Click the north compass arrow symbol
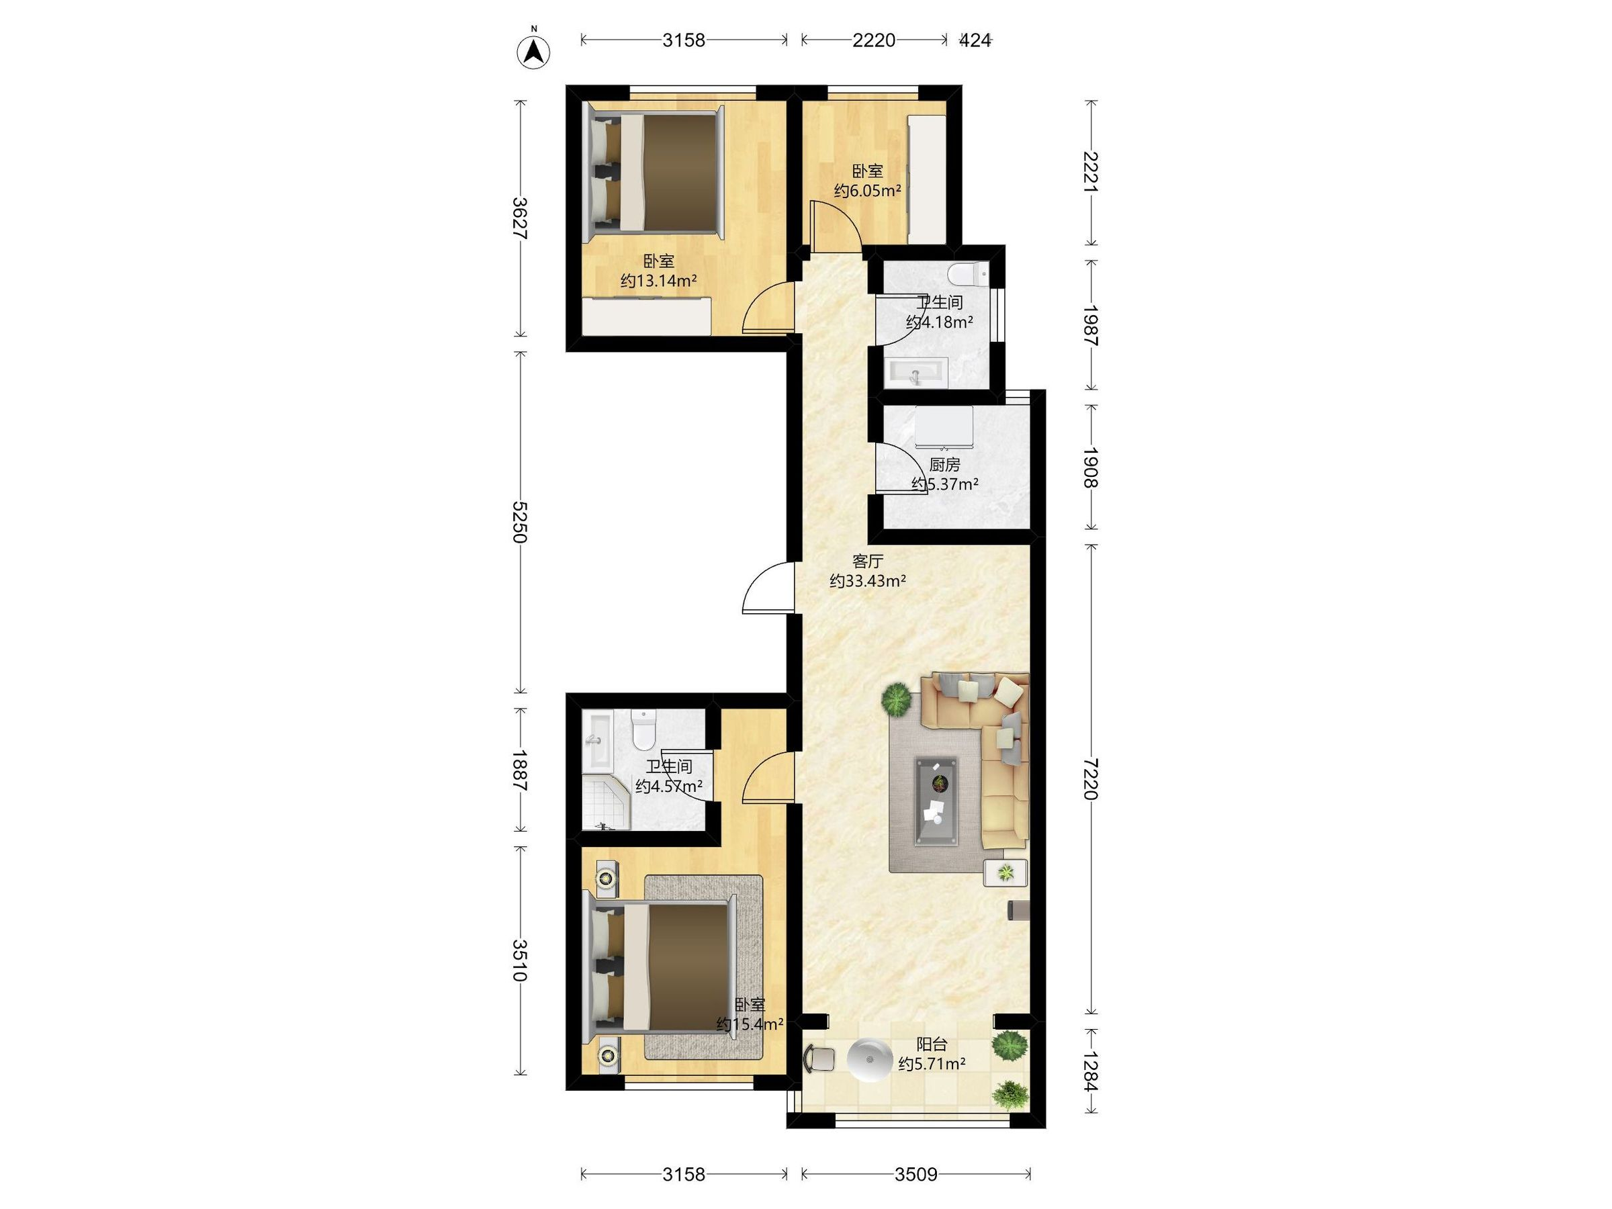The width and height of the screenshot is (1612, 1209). coord(533,52)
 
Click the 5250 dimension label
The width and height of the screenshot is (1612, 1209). coord(519,521)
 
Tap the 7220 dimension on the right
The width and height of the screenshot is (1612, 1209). coord(1090,778)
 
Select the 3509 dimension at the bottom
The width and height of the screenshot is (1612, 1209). coord(916,1174)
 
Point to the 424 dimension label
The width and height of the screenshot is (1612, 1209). coord(975,40)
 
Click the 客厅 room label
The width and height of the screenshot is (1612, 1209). coord(868,561)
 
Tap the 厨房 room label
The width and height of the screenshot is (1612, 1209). coord(944,464)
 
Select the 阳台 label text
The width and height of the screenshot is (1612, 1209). coord(932,1044)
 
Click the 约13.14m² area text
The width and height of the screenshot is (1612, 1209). coord(659,281)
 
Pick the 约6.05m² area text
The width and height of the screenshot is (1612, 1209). coord(868,191)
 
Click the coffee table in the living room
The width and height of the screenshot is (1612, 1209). coord(936,801)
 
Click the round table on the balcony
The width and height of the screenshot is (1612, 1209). coord(869,1059)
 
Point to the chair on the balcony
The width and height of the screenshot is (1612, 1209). coord(819,1058)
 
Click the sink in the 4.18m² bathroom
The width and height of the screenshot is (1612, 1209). coord(916,371)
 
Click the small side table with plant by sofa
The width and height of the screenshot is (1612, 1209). coord(1005,872)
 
